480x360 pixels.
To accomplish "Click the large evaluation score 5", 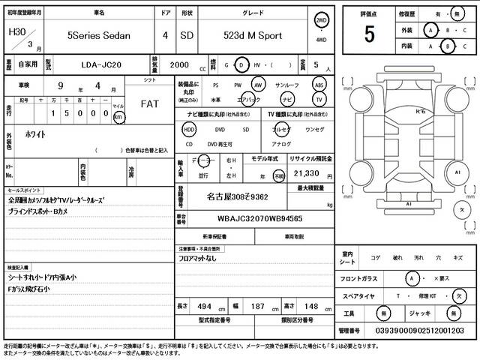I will (x=369, y=34).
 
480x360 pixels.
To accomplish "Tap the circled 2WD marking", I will (x=322, y=20).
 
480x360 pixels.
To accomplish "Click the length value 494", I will (x=204, y=307).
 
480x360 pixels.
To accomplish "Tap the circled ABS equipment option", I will (x=319, y=85).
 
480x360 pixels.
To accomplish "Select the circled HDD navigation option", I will (x=189, y=129).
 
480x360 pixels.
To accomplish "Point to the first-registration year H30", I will (x=16, y=33).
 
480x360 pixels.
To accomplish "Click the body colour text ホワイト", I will (x=31, y=134).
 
